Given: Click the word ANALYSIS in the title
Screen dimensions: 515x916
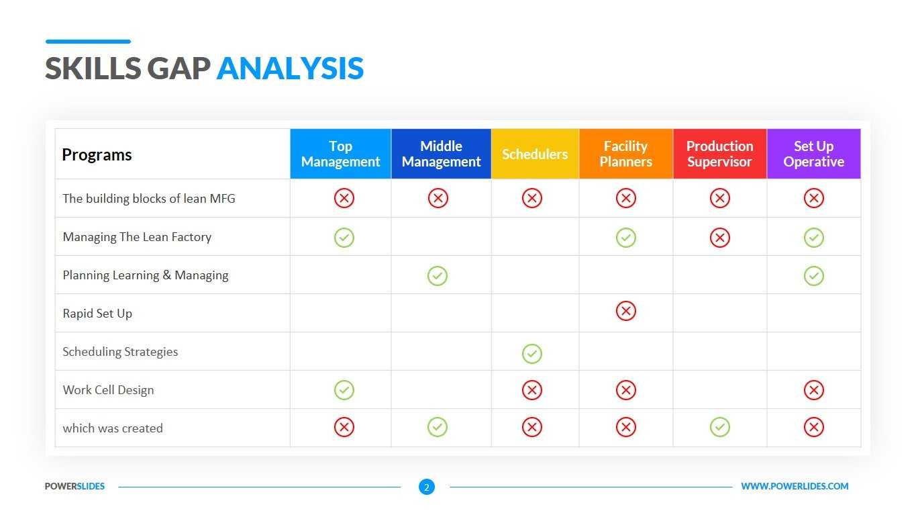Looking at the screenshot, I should pos(290,68).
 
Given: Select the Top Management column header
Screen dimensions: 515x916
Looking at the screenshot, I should pos(340,154).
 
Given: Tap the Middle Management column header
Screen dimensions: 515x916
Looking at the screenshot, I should pos(441,154).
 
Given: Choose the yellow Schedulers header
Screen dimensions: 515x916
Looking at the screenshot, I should pos(535,154).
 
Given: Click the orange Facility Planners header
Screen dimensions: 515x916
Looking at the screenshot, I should pos(625,154).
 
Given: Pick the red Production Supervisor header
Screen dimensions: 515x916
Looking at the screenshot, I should pos(719,154).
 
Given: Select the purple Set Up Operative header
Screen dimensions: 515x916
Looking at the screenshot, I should pos(813,154).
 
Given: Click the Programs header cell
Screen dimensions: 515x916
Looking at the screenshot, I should pos(97,154).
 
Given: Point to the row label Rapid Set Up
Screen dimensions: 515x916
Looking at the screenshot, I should pos(97,314).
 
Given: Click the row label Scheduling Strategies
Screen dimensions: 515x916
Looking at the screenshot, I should pos(120,352).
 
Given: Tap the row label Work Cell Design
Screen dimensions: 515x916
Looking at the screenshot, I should pos(108,390).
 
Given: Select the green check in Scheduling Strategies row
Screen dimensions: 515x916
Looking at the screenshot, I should pos(531,353).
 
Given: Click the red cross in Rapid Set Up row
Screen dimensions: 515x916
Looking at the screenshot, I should pos(625,311).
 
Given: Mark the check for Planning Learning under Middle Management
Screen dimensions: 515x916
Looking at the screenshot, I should pos(438,275).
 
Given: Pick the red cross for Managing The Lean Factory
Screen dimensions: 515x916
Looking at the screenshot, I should pos(719,237).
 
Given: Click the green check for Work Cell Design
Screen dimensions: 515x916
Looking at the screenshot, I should pos(344,389).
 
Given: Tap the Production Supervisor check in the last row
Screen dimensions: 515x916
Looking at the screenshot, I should pos(719,427).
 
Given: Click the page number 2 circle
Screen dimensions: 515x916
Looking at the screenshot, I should pos(426,487).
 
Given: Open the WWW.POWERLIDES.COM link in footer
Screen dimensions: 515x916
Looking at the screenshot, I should pos(795,486).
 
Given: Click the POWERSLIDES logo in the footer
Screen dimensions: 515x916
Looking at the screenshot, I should pos(74,486).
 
